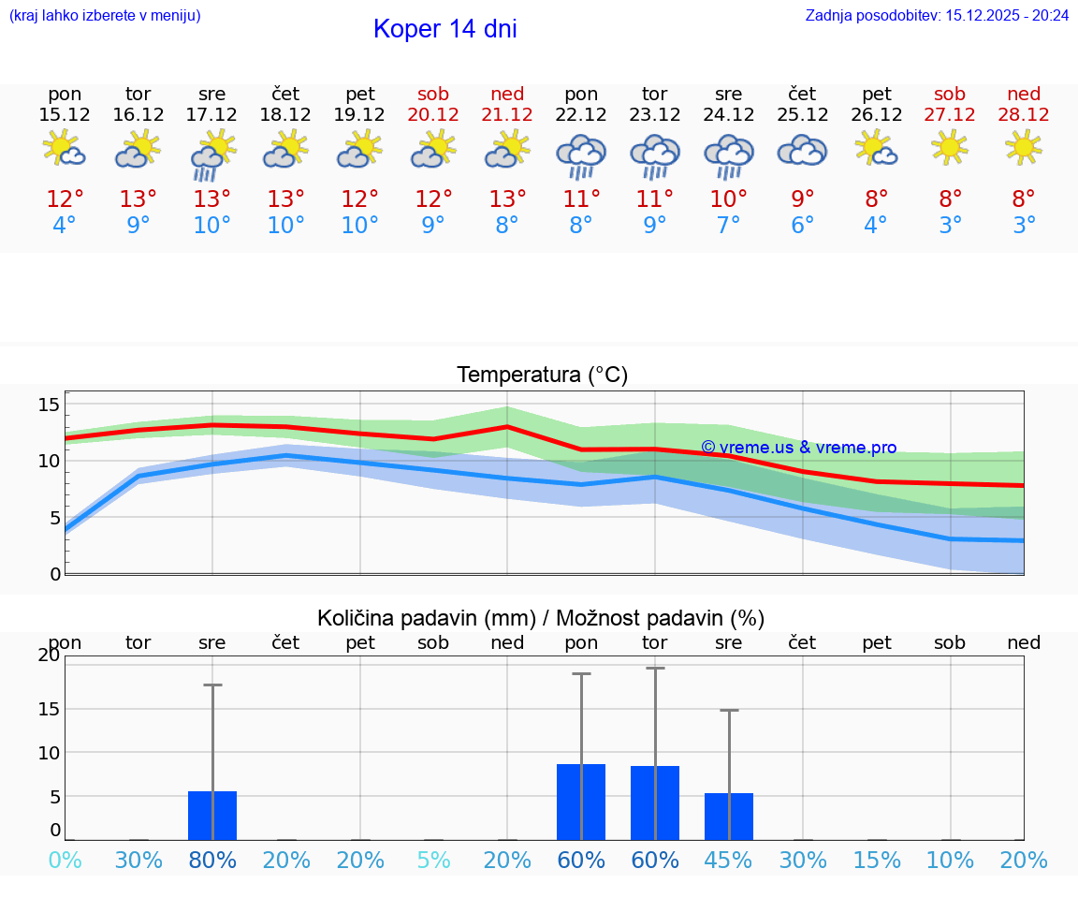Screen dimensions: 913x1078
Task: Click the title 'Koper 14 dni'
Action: [444, 29]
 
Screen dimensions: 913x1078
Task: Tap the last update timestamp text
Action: [937, 15]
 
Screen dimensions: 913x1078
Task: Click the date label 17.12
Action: [212, 114]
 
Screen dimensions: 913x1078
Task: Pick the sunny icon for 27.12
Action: [950, 147]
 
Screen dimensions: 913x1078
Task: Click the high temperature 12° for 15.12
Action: [65, 199]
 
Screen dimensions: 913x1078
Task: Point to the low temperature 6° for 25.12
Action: [802, 226]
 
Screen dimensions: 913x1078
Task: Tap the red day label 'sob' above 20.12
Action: [433, 94]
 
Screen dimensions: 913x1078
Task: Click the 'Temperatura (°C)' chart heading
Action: [542, 375]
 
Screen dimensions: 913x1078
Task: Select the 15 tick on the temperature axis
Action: [49, 405]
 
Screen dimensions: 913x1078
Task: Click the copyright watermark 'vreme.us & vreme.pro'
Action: [798, 448]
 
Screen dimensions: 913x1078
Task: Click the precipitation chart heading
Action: [541, 618]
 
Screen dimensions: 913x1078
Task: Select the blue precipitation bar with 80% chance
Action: [212, 816]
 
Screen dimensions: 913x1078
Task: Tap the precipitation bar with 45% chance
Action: [728, 817]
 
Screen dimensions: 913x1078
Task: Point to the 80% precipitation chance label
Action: [212, 861]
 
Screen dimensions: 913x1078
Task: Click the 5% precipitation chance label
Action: [433, 861]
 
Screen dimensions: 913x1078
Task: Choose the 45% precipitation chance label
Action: [728, 861]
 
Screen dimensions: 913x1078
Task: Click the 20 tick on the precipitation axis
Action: [49, 655]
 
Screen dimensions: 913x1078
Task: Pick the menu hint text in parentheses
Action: [104, 15]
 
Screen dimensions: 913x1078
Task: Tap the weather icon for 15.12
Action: [65, 148]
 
